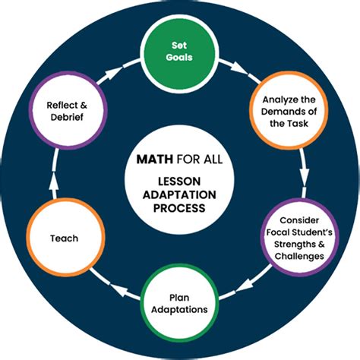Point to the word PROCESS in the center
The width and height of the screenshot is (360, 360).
[x=180, y=207]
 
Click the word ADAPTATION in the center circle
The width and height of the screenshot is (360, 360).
[x=180, y=194]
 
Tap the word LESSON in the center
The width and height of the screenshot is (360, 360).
[x=180, y=181]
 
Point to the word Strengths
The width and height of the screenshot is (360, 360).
[x=293, y=245]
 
